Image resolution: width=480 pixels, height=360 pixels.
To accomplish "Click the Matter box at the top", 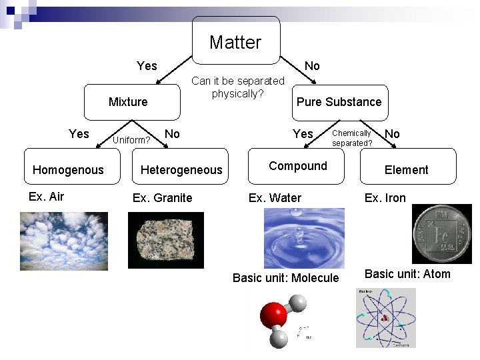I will click(236, 42).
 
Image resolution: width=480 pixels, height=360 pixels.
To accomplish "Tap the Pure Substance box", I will click(339, 102).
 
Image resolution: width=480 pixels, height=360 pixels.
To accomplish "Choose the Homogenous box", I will click(68, 169).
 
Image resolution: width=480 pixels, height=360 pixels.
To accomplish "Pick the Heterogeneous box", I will click(181, 169).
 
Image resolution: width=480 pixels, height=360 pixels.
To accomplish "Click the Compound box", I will click(298, 166).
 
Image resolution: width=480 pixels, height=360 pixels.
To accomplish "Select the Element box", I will click(407, 169).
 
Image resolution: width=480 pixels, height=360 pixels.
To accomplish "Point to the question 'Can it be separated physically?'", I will click(238, 87).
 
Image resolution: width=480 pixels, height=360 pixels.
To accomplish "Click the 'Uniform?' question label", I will click(131, 140).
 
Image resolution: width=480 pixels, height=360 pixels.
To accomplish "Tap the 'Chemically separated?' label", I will click(352, 138).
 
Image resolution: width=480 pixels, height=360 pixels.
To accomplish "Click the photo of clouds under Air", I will click(63, 241).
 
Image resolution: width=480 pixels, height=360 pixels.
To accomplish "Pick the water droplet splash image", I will click(305, 237).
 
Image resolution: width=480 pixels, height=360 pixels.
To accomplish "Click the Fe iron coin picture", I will click(441, 233).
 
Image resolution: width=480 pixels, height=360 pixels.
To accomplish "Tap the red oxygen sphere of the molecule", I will click(273, 315).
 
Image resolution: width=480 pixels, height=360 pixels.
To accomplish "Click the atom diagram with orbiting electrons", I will click(385, 317).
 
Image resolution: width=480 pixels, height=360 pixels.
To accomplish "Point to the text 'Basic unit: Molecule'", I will click(285, 278).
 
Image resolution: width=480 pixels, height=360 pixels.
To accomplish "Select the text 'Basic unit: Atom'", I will click(407, 274).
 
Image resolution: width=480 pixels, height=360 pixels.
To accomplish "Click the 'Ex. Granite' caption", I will click(163, 197).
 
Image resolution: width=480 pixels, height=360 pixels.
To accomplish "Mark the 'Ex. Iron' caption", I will click(385, 197).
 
